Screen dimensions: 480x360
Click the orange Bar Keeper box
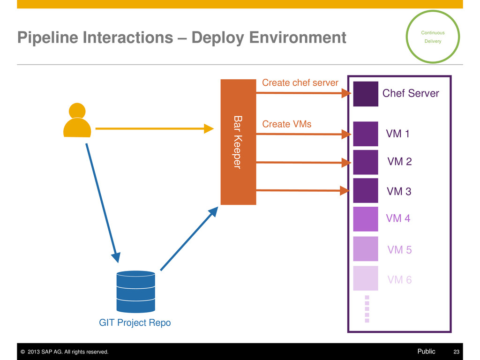(238, 142)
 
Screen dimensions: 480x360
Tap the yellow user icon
(77, 120)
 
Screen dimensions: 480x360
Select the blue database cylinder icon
(135, 292)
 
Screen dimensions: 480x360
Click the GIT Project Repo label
(135, 322)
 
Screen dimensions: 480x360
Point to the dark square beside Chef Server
(366, 94)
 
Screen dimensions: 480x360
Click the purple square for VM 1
(366, 134)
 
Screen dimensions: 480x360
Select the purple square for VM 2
(366, 162)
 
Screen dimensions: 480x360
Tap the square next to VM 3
(366, 190)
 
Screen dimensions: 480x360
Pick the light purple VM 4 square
(366, 219)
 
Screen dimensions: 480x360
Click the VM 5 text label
(399, 250)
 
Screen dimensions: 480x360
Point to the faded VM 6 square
(366, 278)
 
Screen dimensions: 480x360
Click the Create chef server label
(300, 82)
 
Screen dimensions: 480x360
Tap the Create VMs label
(286, 124)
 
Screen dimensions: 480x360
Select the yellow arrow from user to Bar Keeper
(155, 128)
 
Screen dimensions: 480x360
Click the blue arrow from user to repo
(103, 203)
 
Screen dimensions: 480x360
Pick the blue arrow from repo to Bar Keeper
(189, 239)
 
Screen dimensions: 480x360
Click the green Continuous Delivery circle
(433, 11)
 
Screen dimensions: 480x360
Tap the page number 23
(456, 352)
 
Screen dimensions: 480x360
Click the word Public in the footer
(426, 352)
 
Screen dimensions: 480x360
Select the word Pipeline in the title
(48, 38)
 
